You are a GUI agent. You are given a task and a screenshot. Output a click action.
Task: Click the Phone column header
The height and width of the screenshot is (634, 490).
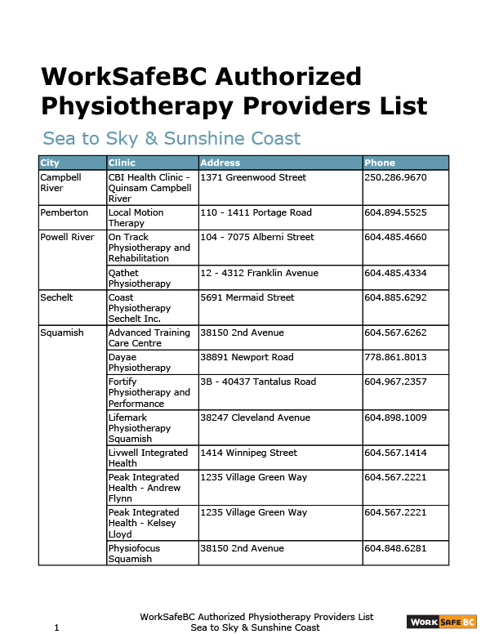(x=380, y=163)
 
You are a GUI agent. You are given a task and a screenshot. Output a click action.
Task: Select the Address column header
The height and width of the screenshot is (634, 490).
(x=220, y=163)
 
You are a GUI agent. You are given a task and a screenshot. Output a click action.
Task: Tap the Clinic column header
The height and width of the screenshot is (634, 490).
(x=122, y=163)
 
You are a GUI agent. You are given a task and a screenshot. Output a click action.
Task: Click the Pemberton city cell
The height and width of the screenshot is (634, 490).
(x=64, y=212)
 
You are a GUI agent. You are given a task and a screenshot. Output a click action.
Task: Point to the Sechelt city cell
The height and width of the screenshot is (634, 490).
(x=56, y=297)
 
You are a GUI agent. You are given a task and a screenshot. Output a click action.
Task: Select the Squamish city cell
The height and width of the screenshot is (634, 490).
(x=61, y=333)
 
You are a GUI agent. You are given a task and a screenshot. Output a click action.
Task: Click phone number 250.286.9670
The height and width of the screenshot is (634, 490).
(x=395, y=177)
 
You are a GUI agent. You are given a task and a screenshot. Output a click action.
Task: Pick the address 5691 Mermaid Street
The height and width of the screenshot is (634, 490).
(x=247, y=297)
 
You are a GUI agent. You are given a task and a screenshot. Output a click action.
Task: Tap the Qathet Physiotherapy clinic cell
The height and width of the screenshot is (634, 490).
(x=140, y=278)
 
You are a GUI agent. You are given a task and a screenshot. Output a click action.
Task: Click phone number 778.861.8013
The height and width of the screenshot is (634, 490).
(x=395, y=357)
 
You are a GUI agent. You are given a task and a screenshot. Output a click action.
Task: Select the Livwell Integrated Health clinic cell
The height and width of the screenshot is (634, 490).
(x=148, y=458)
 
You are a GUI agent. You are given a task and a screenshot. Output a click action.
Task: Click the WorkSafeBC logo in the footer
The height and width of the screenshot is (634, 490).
(x=441, y=622)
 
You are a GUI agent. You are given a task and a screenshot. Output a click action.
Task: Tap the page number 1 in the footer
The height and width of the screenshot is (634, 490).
(x=56, y=627)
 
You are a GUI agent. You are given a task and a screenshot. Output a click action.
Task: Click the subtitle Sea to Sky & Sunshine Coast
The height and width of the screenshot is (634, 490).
(x=171, y=139)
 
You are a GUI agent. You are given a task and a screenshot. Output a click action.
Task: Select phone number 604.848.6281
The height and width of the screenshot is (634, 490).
(x=395, y=548)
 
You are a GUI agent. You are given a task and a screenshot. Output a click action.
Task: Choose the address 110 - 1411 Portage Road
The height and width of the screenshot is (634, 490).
(x=256, y=212)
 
